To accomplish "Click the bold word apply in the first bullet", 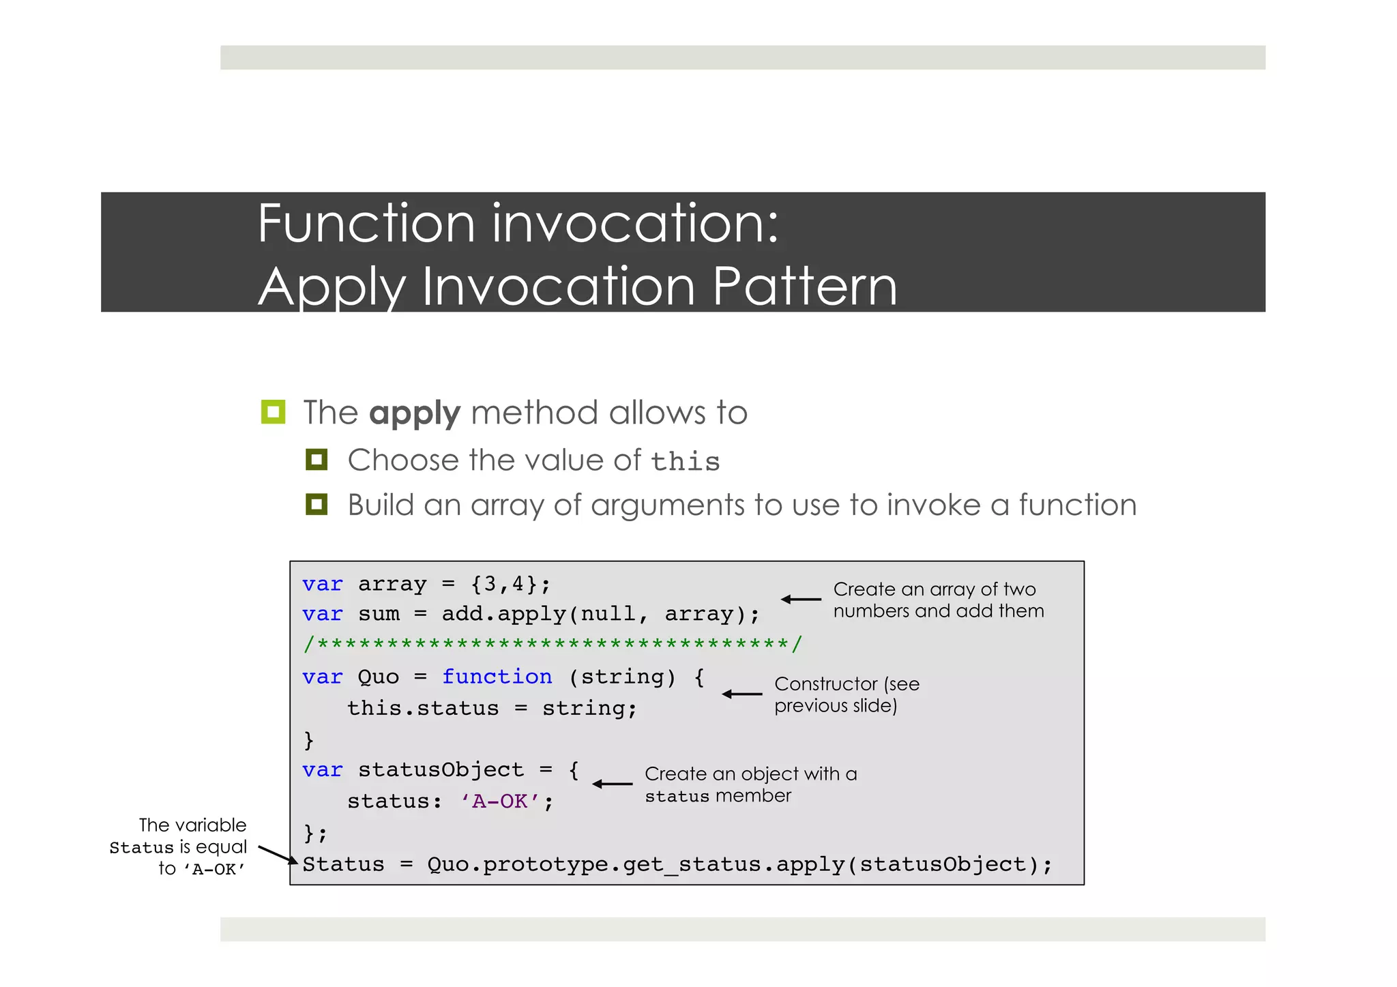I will (x=414, y=414).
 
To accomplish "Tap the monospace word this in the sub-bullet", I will (x=685, y=462).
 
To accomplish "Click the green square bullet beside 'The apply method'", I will (x=273, y=412).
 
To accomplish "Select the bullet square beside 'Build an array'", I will (x=317, y=505).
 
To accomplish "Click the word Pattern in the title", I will (x=804, y=286).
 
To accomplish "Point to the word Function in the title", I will (x=366, y=224).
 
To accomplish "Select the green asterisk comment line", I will (x=553, y=644).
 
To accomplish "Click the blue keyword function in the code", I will (x=497, y=677).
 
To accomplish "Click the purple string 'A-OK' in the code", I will (x=500, y=801).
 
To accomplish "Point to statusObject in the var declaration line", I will (x=441, y=769).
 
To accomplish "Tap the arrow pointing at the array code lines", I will (x=801, y=600).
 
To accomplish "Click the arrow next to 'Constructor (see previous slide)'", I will (x=741, y=694).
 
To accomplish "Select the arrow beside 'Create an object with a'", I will (x=612, y=784).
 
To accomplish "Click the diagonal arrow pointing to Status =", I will (x=278, y=855).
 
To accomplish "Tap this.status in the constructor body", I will (x=423, y=708).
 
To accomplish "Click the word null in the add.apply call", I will (x=608, y=614).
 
